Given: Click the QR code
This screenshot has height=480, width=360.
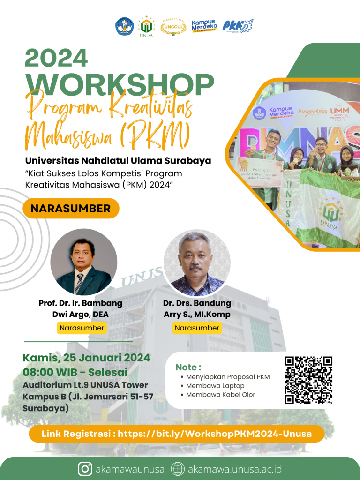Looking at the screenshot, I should (308, 380).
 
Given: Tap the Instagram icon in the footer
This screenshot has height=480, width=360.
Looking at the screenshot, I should (85, 469).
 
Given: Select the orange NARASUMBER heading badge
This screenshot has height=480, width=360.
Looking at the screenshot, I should (70, 209).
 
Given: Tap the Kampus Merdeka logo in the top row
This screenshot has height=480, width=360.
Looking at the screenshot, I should (204, 25).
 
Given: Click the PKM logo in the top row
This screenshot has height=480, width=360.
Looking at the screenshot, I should (237, 26).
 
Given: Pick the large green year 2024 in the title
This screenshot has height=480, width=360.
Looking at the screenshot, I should (56, 59).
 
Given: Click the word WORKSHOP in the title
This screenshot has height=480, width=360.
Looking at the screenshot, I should (120, 84).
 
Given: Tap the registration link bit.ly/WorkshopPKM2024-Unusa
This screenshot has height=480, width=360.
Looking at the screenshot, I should (214, 434).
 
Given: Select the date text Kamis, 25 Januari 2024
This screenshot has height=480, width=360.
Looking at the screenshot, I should (87, 358).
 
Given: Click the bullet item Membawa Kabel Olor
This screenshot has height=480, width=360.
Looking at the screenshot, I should (220, 395).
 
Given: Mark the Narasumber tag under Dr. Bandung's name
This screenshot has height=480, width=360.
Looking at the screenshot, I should (197, 328).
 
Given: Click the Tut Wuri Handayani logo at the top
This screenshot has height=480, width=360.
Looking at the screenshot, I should (125, 26).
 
